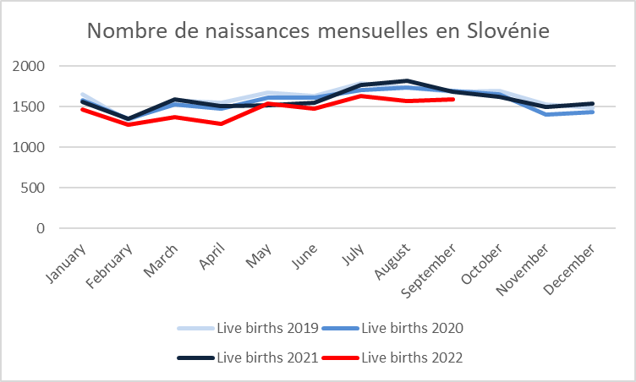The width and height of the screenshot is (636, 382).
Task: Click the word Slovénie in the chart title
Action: click(x=508, y=30)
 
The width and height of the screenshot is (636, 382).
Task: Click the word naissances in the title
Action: click(x=257, y=30)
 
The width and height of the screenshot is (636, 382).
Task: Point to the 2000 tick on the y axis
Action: click(x=29, y=66)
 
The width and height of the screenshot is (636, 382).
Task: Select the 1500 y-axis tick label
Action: click(x=29, y=106)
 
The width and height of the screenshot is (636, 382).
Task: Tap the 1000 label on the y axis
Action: click(x=29, y=147)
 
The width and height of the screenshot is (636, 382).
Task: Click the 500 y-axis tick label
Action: click(x=33, y=188)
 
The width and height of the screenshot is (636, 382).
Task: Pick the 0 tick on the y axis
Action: click(x=41, y=228)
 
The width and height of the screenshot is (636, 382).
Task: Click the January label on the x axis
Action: click(x=66, y=264)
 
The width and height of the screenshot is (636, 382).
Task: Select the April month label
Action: click(x=211, y=256)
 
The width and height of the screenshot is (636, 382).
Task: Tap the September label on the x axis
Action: click(x=429, y=271)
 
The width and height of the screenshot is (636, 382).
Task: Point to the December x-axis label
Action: click(x=569, y=270)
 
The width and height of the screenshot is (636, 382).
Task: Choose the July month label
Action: click(x=353, y=254)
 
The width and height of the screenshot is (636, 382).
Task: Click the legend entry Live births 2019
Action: click(x=249, y=328)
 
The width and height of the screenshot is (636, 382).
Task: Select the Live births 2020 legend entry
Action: click(x=392, y=328)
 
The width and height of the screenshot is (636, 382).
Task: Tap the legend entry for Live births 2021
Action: click(x=249, y=357)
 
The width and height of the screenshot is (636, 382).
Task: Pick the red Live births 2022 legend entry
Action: click(x=392, y=357)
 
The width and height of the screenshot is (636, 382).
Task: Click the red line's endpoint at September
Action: click(x=452, y=99)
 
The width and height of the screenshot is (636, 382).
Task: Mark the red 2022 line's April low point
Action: click(x=221, y=123)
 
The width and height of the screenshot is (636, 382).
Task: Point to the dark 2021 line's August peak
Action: click(x=407, y=80)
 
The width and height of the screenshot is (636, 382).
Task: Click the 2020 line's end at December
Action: click(x=592, y=112)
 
